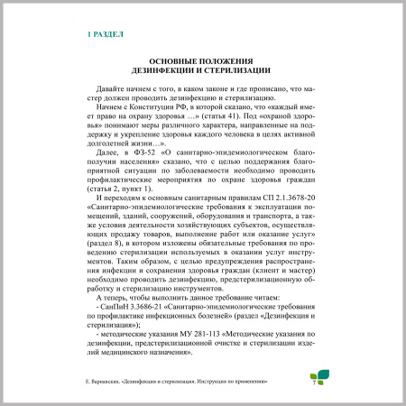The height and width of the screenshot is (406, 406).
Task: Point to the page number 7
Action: tap(313, 382)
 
